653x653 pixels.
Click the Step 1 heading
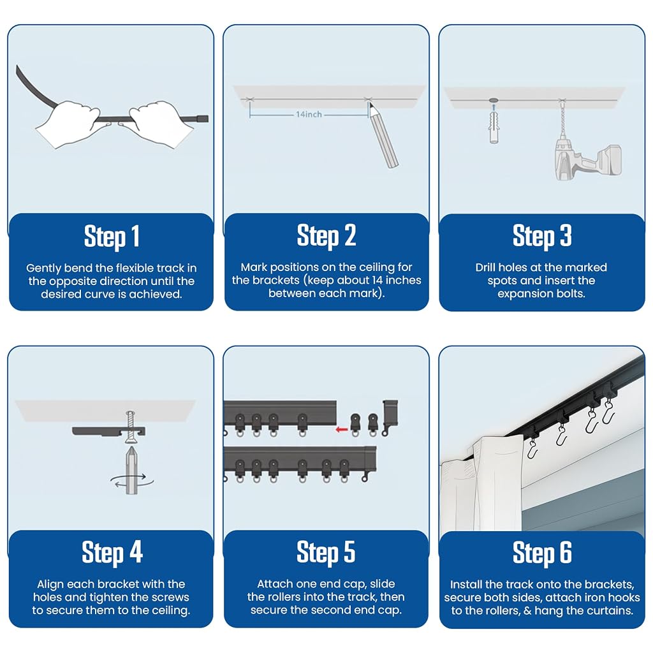tap(112, 237)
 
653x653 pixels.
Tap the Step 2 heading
tap(326, 236)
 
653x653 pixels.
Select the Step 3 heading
tap(542, 236)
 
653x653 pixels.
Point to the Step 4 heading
tap(112, 553)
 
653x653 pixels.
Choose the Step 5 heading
tap(326, 552)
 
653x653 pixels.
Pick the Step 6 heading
tap(542, 553)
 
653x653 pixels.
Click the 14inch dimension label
tap(309, 114)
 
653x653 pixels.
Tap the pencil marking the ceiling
tap(383, 136)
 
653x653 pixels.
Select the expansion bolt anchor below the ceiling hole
tap(494, 126)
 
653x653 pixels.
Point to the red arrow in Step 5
tap(342, 429)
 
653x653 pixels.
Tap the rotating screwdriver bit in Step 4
tap(131, 470)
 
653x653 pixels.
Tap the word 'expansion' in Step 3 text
tap(523, 293)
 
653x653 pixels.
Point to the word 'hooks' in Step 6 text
tap(624, 598)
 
